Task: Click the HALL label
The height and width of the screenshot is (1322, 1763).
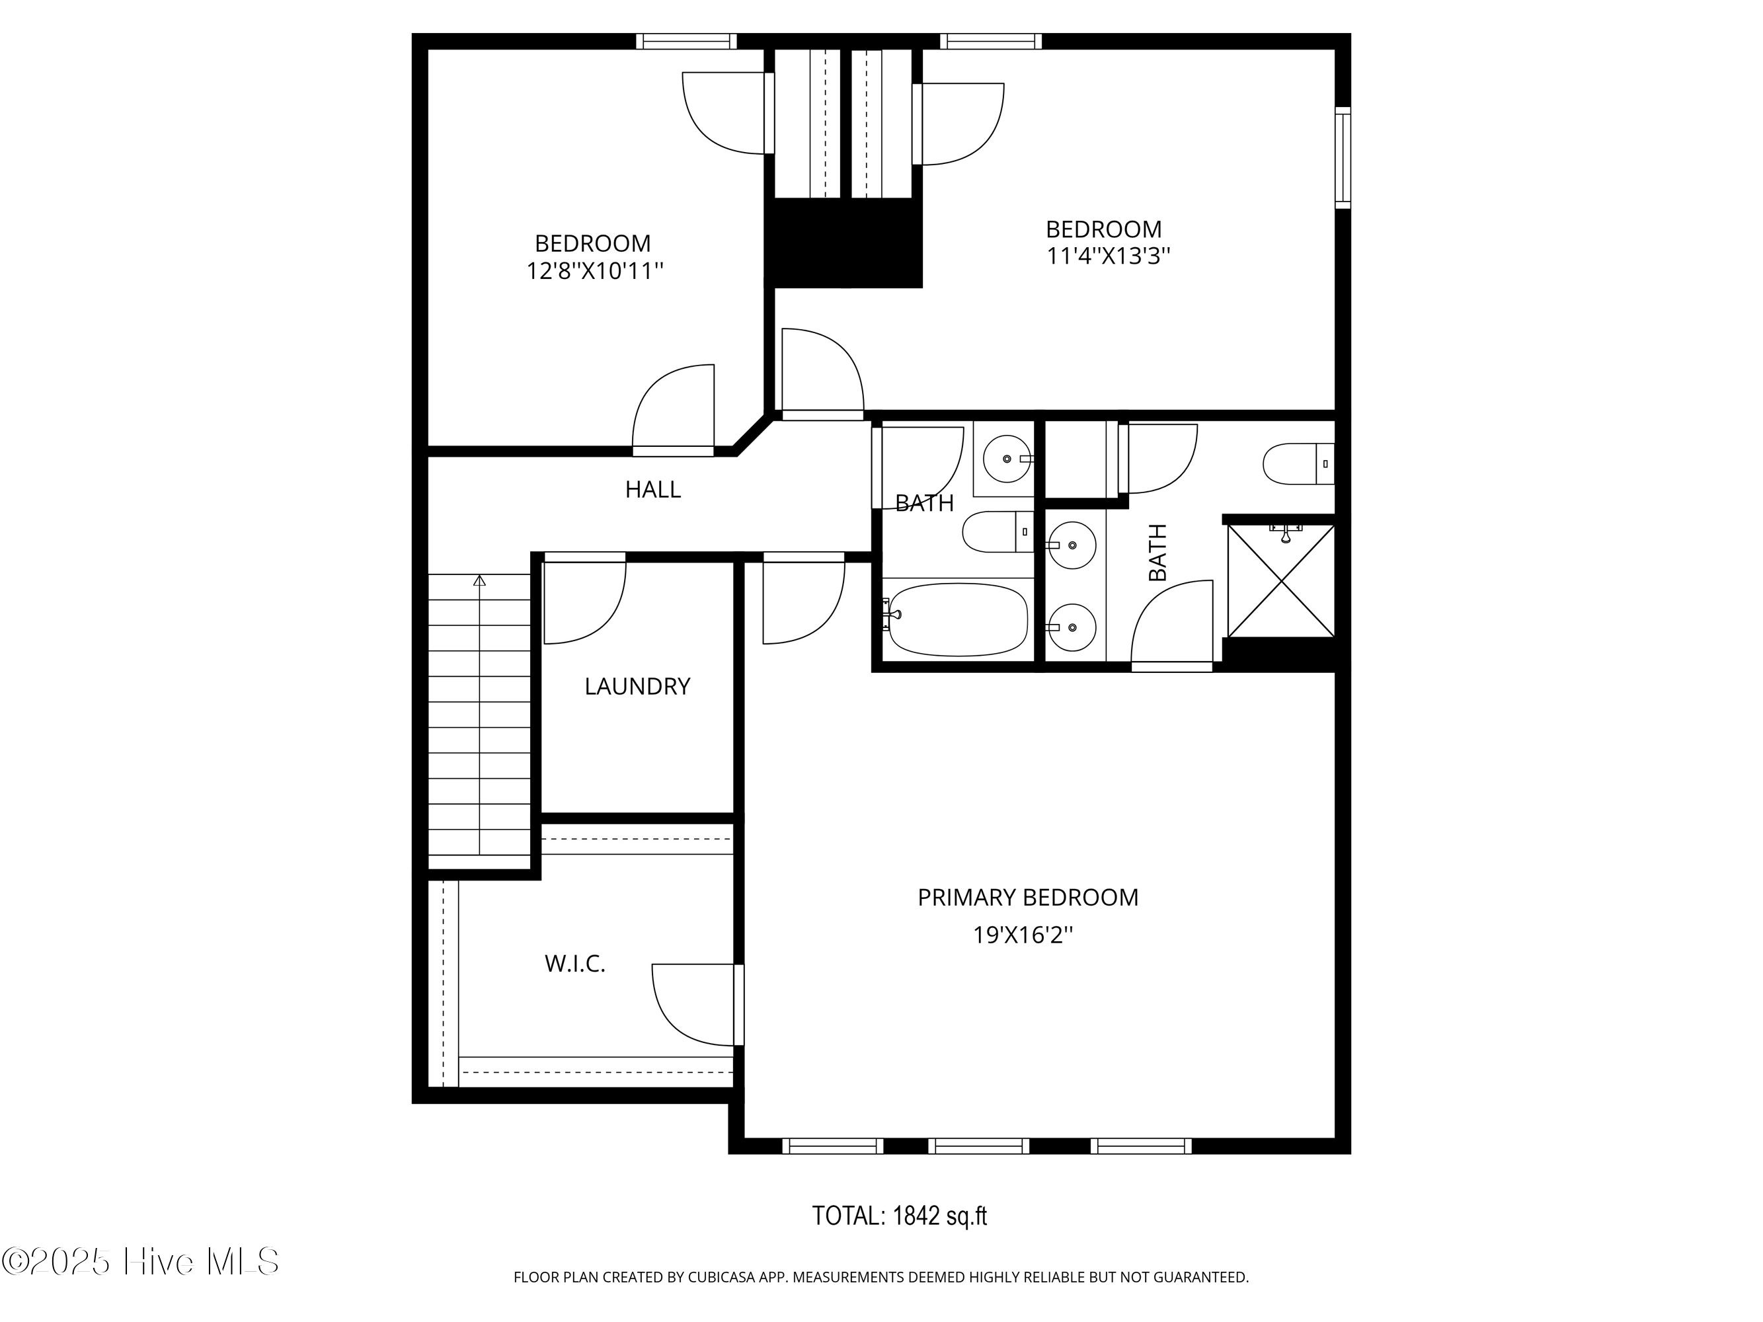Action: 652,489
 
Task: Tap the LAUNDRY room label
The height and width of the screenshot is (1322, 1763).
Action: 637,686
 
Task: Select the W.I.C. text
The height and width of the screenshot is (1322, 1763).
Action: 574,964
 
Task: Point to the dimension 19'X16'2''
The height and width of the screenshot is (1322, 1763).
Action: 1023,935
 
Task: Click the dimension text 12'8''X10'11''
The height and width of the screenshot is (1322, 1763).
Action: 594,271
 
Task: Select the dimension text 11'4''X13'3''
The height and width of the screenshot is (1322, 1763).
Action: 1108,256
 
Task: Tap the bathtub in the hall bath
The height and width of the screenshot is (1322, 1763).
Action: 958,619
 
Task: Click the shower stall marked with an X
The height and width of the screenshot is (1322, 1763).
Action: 1281,580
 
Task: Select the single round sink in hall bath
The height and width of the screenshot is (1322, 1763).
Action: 1007,459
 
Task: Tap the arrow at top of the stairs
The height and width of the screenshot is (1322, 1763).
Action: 479,581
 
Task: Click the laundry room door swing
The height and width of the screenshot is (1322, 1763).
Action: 584,602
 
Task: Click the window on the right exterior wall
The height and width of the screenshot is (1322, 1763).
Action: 1343,158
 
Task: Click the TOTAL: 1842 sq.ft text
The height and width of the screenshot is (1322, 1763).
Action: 899,1216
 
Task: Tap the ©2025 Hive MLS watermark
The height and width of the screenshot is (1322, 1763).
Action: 140,1261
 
